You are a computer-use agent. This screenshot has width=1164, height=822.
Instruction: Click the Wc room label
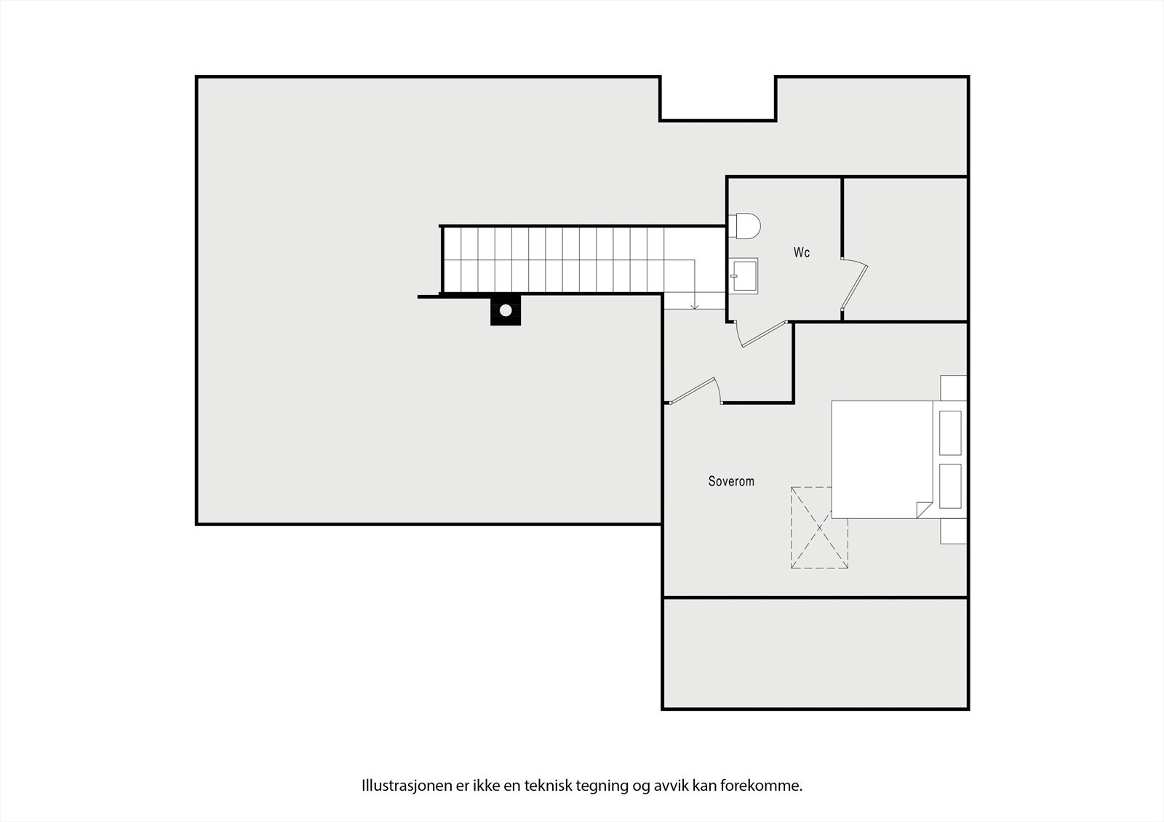tap(801, 253)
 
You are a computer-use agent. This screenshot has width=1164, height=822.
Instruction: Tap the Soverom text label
tap(731, 481)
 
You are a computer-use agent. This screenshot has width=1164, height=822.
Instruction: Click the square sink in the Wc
tap(744, 275)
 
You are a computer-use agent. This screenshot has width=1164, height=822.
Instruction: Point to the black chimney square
tap(506, 310)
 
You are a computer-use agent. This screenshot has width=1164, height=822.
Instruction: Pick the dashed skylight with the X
tap(820, 527)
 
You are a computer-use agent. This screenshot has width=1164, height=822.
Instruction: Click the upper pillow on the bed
tap(950, 432)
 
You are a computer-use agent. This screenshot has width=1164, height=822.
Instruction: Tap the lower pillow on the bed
tap(950, 486)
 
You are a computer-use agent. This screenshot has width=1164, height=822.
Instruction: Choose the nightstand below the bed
tap(954, 531)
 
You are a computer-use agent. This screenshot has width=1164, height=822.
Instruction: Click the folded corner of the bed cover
tap(924, 509)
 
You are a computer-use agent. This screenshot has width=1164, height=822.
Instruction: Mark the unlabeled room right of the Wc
tap(906, 248)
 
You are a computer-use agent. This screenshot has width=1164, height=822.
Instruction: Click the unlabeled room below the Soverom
tap(816, 653)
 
